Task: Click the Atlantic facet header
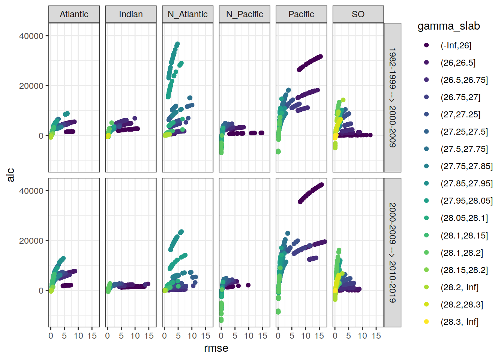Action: (74, 14)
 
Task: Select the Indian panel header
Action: (131, 14)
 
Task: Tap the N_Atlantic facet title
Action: (187, 14)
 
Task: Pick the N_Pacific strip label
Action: (244, 14)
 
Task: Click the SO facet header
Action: (358, 14)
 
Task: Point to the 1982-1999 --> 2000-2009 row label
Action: (392, 97)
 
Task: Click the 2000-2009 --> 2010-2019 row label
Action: (392, 252)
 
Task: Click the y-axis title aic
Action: (11, 175)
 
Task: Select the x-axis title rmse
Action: (216, 348)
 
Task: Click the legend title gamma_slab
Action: (448, 26)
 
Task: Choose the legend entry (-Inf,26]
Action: (456, 45)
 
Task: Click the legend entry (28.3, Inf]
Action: (459, 322)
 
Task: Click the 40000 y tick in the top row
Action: (31, 36)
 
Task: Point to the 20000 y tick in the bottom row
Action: (31, 241)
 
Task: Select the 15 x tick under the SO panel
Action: (376, 336)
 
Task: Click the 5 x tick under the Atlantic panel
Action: (64, 336)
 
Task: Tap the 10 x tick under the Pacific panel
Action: (306, 336)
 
